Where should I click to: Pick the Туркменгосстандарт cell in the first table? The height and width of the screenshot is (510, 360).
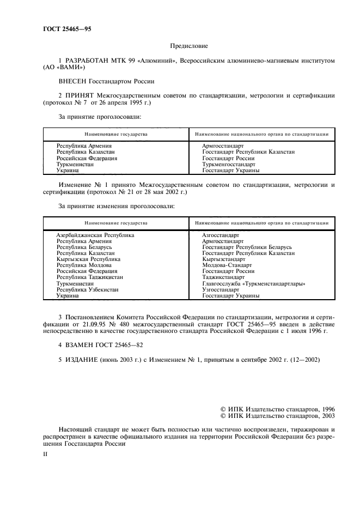228,164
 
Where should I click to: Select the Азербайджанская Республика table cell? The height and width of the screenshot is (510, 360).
95,235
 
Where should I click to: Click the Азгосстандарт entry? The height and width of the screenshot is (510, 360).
220,235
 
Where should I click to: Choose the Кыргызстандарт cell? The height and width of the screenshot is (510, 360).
223,259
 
